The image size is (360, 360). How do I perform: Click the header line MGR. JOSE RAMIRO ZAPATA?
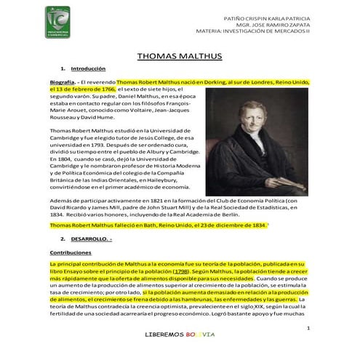tap(281, 25)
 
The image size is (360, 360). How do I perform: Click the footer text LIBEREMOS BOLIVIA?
tap(180, 335)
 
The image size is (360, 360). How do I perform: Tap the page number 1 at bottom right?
tap(308, 328)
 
